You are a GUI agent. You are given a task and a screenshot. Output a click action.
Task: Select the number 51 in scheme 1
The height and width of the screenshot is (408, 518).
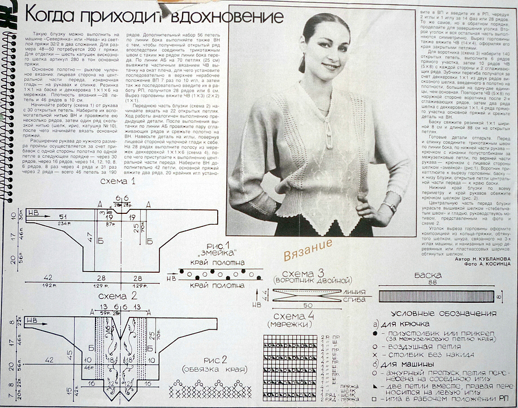point(63,217)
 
